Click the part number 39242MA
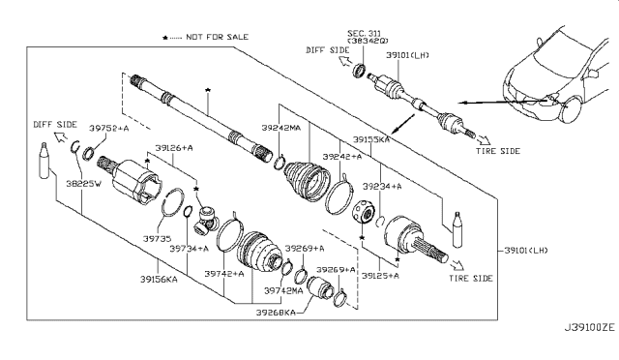pyautogui.click(x=281, y=128)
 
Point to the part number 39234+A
pyautogui.click(x=382, y=186)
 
